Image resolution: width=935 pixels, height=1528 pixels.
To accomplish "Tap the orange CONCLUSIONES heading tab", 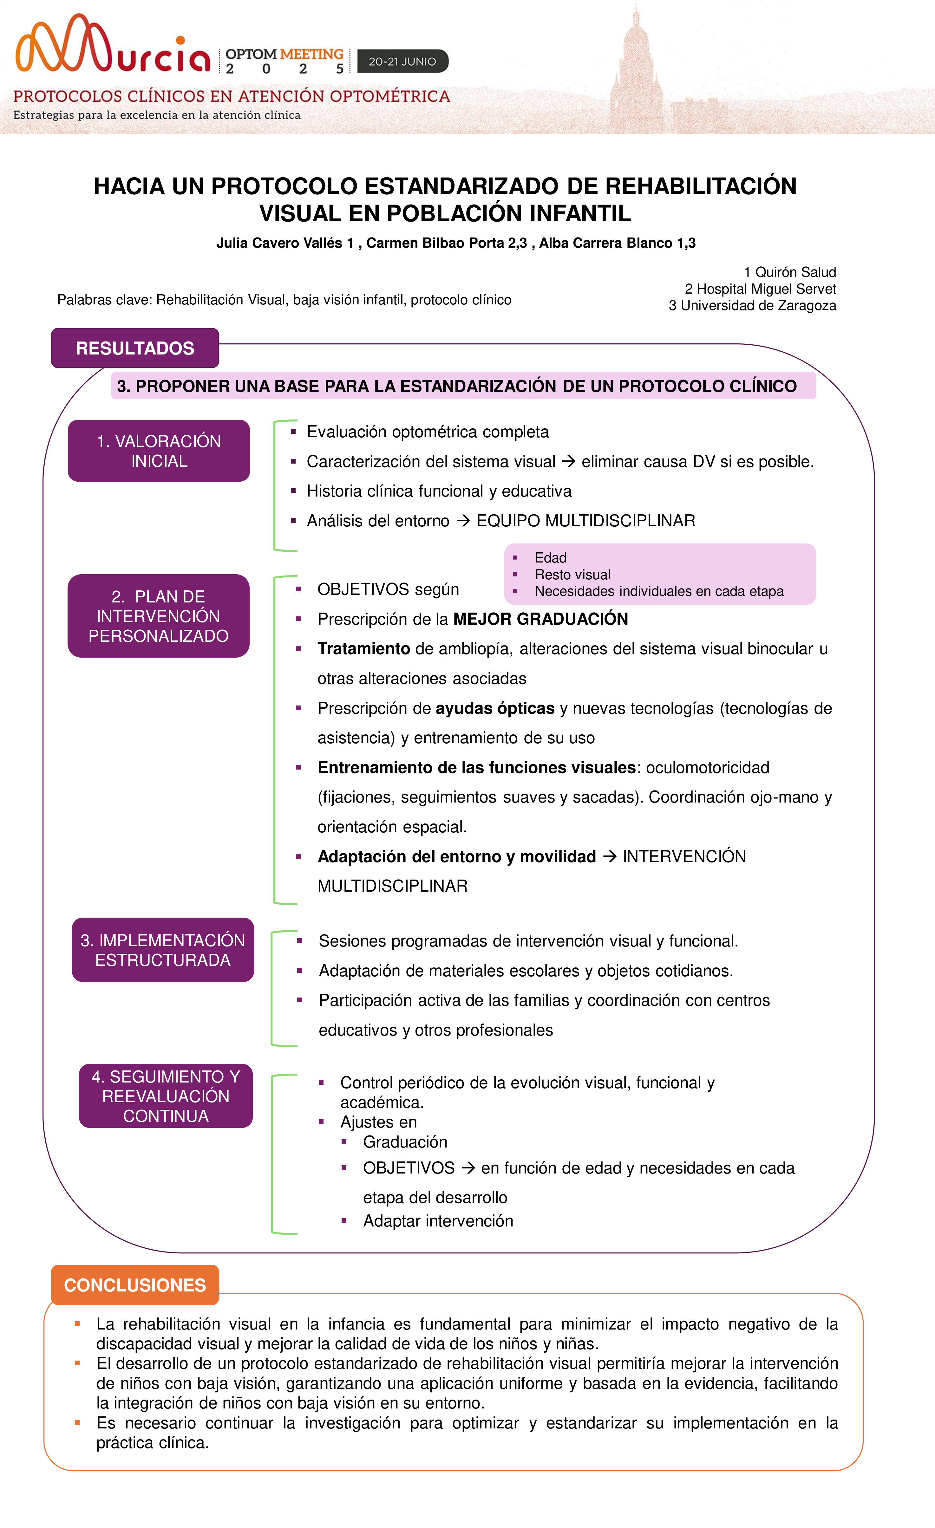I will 134,1285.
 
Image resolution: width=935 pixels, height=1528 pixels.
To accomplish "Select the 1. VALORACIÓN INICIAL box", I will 159,451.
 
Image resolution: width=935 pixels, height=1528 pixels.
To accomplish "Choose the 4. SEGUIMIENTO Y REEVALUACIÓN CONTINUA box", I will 166,1096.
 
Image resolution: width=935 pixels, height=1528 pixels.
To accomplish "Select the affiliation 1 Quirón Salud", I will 790,272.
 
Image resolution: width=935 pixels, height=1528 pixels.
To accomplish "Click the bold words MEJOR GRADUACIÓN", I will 540,619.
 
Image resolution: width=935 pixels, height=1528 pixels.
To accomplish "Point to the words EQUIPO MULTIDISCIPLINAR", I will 586,521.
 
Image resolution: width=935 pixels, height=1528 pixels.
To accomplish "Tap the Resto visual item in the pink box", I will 572,575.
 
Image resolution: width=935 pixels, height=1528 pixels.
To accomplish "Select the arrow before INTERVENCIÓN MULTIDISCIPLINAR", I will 609,856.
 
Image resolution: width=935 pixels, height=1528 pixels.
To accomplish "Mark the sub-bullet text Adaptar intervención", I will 438,1221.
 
